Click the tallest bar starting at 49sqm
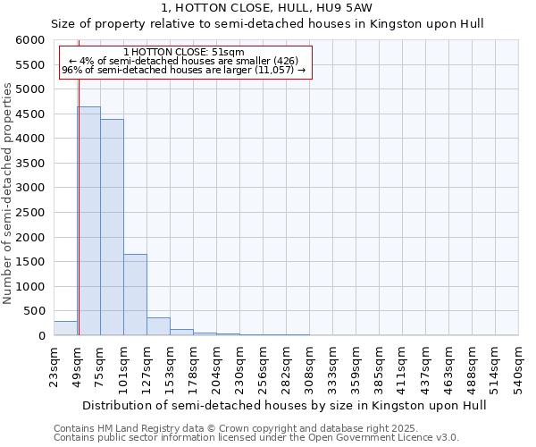[88, 221]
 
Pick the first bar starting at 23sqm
[65, 328]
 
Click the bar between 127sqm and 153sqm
[158, 326]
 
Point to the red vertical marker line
[79, 197]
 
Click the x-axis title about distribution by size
[270, 405]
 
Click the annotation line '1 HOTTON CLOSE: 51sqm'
[184, 53]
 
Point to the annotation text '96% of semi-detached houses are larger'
[184, 70]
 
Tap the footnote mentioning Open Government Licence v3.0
[256, 438]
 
